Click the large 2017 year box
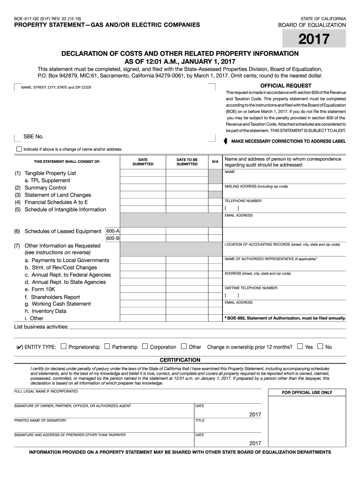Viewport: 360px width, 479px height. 314,38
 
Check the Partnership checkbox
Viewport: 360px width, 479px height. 107,347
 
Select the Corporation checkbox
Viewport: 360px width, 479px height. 145,347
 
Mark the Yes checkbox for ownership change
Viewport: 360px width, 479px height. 300,347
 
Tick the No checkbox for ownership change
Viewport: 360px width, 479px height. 320,347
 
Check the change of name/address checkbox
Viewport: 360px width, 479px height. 19,149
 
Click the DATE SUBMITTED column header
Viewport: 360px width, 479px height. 143,162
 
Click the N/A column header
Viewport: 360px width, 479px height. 215,162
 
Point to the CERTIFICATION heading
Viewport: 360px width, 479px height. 180,360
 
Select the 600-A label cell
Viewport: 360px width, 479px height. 113,231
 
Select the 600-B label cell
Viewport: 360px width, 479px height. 113,239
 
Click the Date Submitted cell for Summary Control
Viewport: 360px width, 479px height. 143,188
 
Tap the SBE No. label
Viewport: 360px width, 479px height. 34,137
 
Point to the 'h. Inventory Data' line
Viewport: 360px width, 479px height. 45,311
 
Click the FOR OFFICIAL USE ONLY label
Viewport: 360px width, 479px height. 307,392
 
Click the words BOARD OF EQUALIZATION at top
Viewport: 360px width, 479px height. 312,25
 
